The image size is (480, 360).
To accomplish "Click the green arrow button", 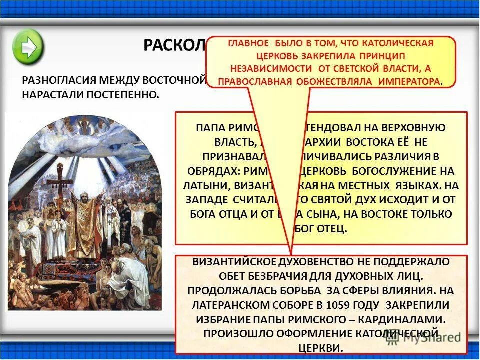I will [28, 45].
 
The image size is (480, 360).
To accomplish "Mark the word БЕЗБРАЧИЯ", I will [294, 275].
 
